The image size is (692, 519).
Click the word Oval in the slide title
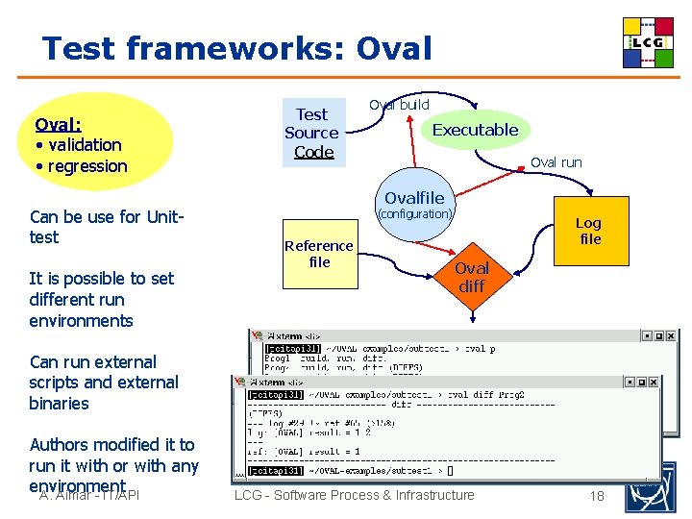point(394,47)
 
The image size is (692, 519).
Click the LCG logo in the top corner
point(648,42)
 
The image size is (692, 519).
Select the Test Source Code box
point(311,133)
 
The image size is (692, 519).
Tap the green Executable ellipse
point(474,130)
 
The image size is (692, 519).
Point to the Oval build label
point(399,104)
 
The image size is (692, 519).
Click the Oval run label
point(556,162)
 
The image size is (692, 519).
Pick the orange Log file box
point(587,231)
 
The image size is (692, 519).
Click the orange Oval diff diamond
point(471,277)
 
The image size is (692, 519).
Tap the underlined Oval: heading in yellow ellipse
point(58,124)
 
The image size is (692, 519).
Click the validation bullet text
point(84,145)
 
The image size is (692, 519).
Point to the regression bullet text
point(86,166)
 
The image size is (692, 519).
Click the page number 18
point(597,496)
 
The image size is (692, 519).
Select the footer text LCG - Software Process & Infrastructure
point(354,495)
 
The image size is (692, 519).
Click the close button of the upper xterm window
point(672,336)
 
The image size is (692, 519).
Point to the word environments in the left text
point(81,321)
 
